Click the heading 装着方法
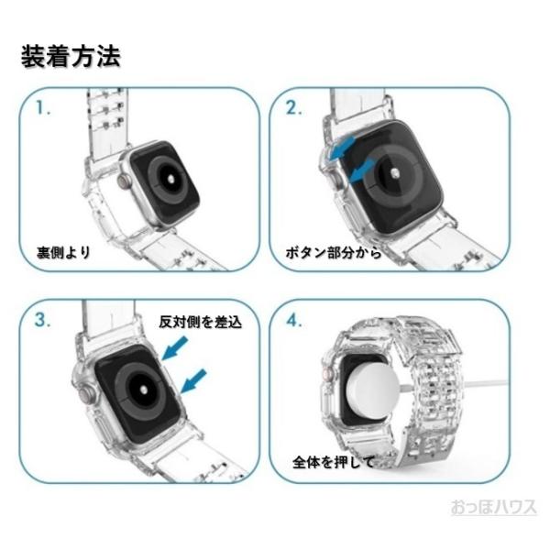71,56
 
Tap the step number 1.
43,108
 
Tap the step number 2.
293,108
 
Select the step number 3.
43,320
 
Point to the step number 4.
294,320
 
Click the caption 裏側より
64,253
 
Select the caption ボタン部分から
334,253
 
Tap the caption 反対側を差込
200,322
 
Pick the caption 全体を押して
334,463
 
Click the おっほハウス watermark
493,507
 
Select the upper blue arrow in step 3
175,348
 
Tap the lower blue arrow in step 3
193,380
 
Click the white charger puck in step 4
372,391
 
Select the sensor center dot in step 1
170,178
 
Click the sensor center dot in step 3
144,390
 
